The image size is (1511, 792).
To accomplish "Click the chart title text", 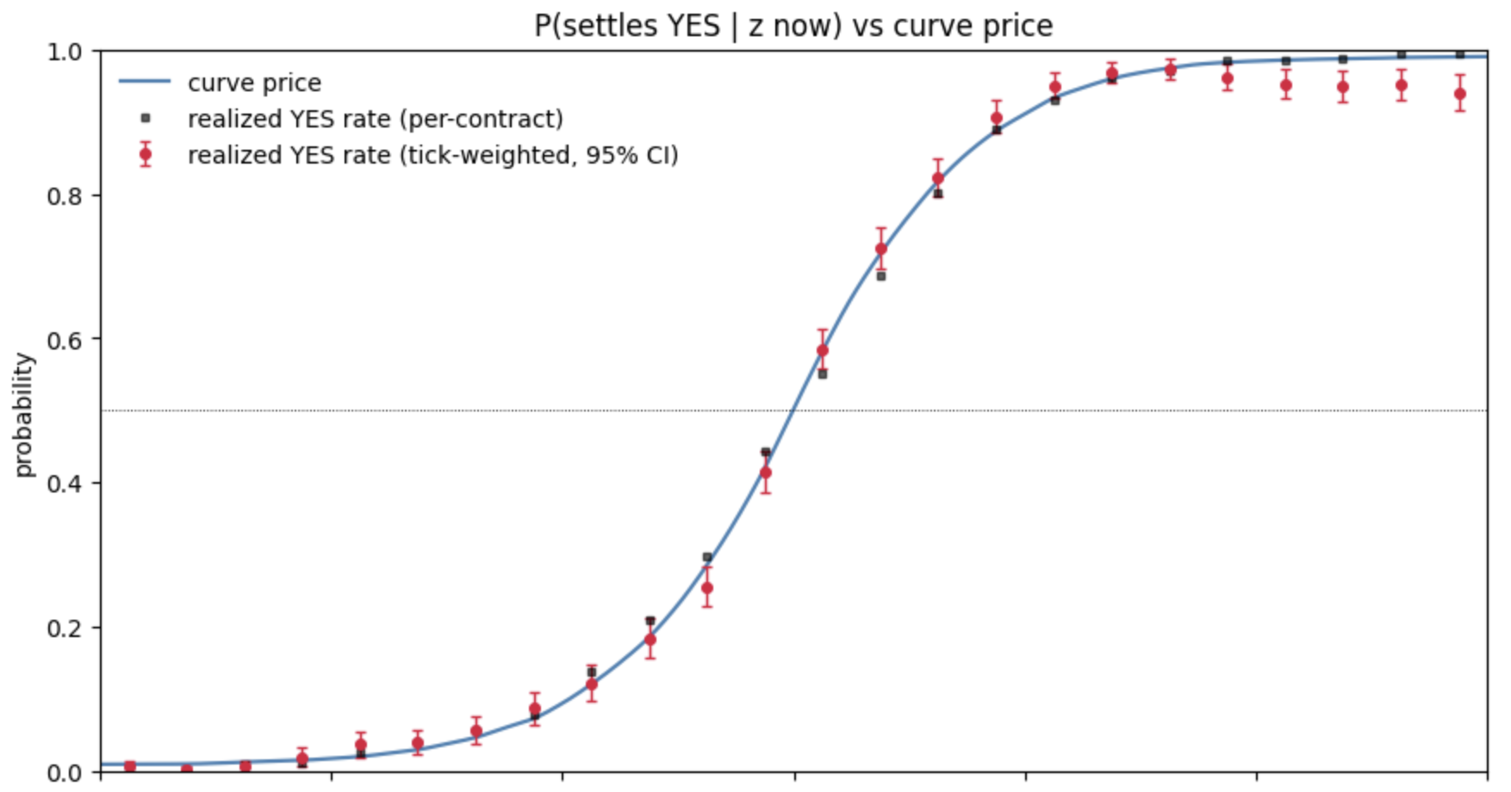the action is tap(793, 26).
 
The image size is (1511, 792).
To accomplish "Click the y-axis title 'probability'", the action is tap(23, 414).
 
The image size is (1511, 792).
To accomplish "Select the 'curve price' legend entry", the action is tap(220, 83).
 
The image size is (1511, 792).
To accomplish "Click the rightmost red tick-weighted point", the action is tap(1460, 94).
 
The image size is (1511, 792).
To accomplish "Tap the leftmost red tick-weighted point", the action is tap(130, 766).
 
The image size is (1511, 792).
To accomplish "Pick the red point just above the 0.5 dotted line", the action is tap(823, 350).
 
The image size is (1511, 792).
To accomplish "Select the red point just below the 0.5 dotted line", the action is tap(766, 473).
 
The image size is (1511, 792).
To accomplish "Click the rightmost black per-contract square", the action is tap(1460, 54).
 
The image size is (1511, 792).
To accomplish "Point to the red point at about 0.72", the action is tap(881, 249).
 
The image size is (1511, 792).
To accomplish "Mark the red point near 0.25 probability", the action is tap(707, 589).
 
